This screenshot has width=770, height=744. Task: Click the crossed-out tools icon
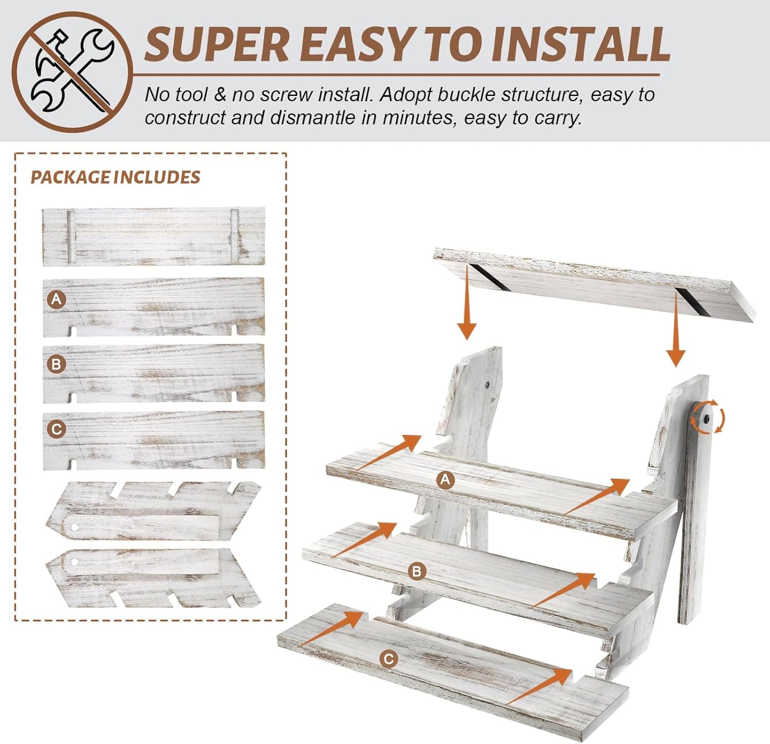click(72, 71)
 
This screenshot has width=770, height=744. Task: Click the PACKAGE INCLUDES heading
click(115, 177)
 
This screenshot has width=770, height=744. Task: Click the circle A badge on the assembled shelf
click(445, 480)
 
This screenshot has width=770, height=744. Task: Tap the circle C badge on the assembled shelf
click(388, 659)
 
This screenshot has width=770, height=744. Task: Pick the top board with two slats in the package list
click(153, 236)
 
